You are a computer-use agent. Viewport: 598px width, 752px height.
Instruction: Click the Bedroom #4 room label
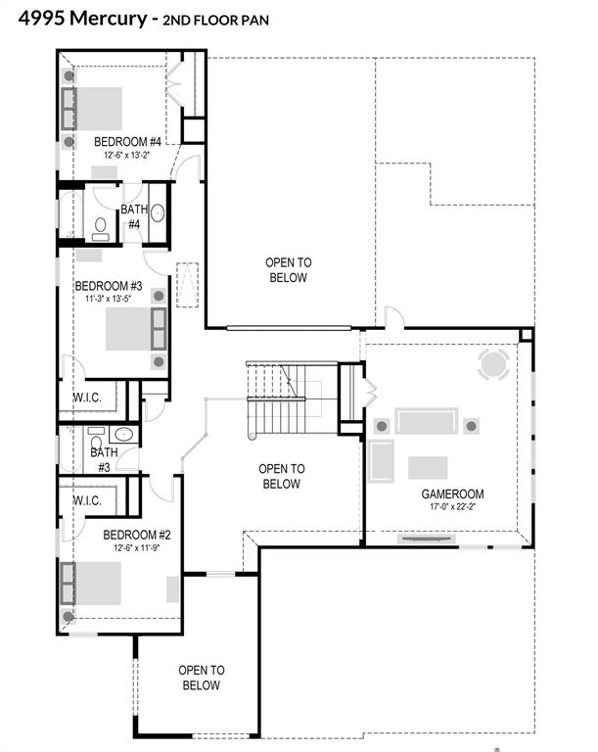point(127,142)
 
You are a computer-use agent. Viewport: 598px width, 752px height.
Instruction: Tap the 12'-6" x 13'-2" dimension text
point(127,155)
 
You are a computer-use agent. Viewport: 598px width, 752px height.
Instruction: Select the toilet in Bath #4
point(100,229)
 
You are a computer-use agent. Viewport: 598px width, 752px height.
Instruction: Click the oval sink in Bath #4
point(158,212)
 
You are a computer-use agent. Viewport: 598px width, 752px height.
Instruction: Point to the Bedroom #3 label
point(109,286)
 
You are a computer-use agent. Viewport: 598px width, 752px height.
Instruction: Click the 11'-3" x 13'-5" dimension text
point(109,299)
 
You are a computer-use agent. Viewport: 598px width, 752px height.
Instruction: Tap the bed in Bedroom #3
point(136,329)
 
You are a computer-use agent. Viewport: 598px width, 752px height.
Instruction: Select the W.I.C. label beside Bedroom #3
point(87,398)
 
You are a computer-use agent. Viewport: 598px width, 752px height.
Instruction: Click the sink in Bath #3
point(123,434)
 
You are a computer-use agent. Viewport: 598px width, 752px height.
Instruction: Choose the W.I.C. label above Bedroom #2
point(87,500)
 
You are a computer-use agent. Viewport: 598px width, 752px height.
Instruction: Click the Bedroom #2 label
point(137,535)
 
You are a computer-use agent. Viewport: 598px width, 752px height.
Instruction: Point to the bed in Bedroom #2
point(91,584)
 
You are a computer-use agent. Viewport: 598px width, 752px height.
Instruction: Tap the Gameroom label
point(452,493)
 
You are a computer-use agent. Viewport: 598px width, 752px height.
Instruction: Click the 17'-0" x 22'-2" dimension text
point(452,506)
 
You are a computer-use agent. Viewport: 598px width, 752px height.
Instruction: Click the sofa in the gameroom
point(427,421)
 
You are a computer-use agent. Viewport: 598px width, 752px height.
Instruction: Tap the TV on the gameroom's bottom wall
point(427,540)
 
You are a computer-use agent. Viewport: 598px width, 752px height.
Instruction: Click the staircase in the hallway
point(283,399)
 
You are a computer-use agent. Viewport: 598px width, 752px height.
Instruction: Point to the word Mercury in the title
point(109,19)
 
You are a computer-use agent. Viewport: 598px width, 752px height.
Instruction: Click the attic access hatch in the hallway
point(188,285)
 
